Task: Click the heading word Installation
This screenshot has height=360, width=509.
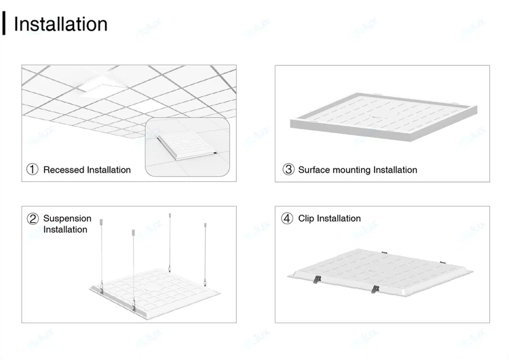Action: coord(60,24)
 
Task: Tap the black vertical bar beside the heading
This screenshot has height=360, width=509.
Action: coord(4,23)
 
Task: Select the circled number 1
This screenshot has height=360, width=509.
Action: coord(32,169)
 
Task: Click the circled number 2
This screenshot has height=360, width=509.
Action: coord(33,219)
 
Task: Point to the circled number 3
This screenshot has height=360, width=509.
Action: coord(288,169)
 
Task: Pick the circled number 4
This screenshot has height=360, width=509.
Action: coord(287,218)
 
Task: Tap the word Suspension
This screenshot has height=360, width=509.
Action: coord(67,219)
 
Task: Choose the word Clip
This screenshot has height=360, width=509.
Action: coord(306,218)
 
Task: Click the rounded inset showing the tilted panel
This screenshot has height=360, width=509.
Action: coord(187,147)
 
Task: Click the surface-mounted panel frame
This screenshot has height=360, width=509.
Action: coord(383,117)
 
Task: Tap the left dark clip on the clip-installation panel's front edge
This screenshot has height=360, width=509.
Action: coord(317,279)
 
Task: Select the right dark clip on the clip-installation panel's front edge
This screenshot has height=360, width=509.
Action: coord(375,289)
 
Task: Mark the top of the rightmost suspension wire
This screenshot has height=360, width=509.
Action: coord(205,225)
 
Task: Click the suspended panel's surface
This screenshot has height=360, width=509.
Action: coord(156,291)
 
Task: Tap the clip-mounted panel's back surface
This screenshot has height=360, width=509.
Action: coord(381,270)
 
